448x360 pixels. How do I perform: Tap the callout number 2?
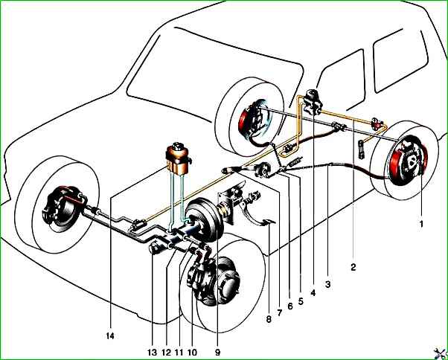353,264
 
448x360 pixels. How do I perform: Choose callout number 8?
266,321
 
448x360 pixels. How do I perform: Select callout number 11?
179,352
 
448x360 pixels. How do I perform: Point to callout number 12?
167,352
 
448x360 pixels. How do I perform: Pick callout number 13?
153,352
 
